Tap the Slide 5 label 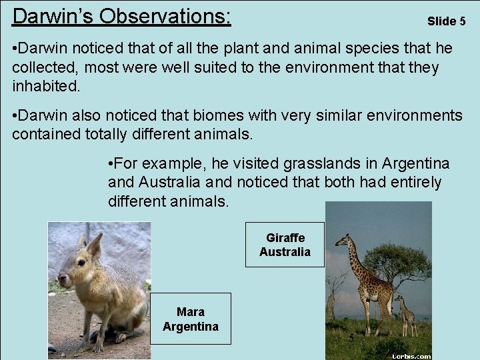[x=446, y=21]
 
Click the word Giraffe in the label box [x=285, y=238]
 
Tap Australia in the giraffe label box [x=285, y=252]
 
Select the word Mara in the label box [x=191, y=311]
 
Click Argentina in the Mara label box [x=191, y=326]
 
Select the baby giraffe [x=405, y=313]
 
